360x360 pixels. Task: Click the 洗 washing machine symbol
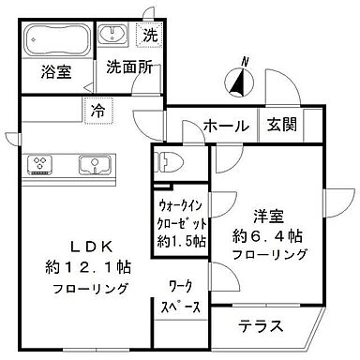pos(151,37)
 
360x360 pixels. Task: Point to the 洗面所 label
pos(127,67)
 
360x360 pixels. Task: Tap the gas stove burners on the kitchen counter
pos(41,165)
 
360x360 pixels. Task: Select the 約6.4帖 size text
pos(267,234)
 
